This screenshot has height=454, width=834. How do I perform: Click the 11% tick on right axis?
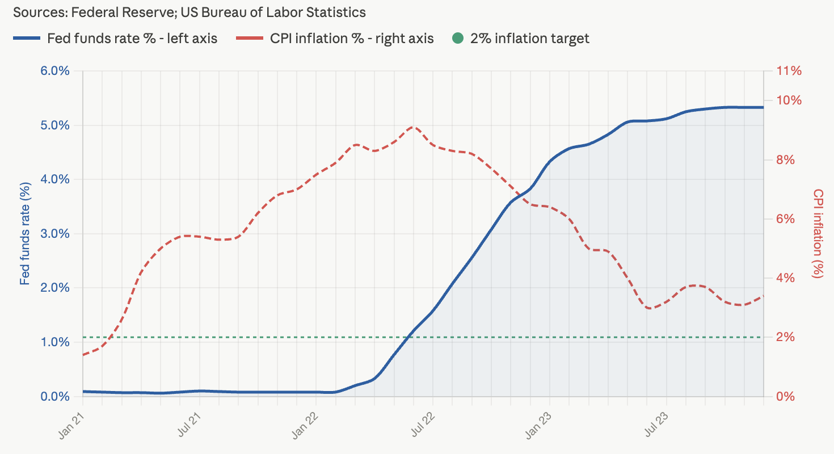click(x=789, y=71)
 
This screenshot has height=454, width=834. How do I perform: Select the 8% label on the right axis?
click(x=786, y=160)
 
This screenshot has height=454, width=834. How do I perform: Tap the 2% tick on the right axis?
click(x=786, y=337)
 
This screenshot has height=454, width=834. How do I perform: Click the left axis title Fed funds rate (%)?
click(x=25, y=233)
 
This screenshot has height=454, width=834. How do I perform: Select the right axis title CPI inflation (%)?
click(x=818, y=233)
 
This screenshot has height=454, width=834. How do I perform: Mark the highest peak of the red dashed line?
click(x=413, y=127)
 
